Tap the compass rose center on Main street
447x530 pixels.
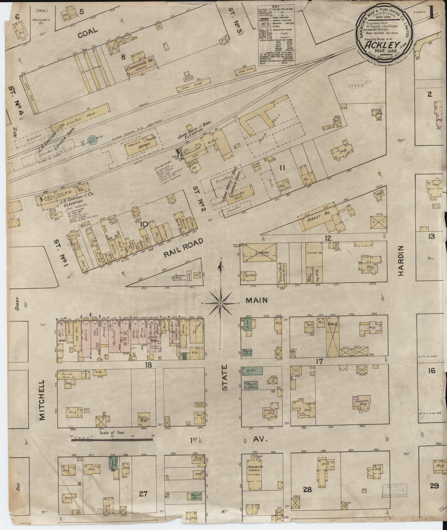(x=221, y=304)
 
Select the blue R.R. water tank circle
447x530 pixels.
(x=92, y=141)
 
